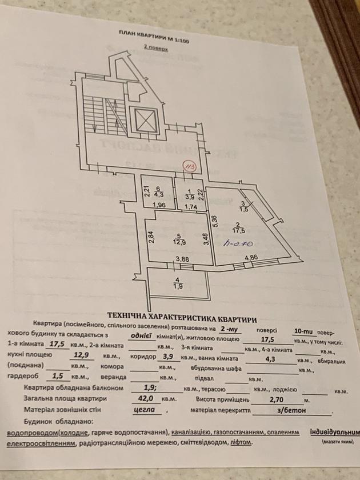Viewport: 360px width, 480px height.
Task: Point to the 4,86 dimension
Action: click(251, 258)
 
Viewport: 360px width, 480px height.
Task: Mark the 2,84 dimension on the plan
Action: click(151, 237)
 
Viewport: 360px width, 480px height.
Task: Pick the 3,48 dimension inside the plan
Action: click(206, 239)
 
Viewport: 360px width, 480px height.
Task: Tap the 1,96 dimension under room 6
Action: click(159, 206)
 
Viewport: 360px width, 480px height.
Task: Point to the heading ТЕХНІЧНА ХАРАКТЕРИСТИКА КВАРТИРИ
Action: click(181, 315)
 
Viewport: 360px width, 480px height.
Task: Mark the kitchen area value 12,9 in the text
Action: click(83, 355)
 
